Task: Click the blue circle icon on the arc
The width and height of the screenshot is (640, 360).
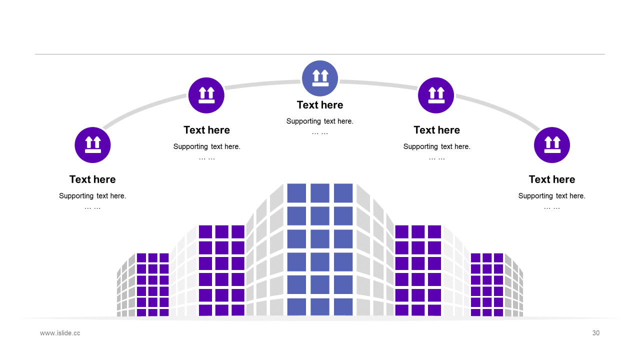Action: (x=320, y=78)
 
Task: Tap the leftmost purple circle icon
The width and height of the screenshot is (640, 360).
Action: (x=92, y=145)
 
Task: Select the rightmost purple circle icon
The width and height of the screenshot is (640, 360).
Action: (x=552, y=145)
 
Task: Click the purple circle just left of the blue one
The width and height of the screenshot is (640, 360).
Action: (x=206, y=95)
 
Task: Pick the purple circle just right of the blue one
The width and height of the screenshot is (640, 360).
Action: (x=436, y=95)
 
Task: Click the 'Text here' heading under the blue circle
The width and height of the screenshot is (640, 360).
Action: (x=320, y=105)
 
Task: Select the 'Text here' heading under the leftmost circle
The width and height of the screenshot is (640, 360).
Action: (x=92, y=179)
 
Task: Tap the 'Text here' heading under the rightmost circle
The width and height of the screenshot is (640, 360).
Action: (x=552, y=179)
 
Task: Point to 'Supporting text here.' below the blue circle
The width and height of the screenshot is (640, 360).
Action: (x=320, y=121)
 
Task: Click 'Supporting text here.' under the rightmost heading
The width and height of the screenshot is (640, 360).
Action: (x=552, y=196)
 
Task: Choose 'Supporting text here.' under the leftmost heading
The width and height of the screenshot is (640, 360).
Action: (x=92, y=196)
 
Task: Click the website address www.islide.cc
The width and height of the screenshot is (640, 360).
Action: (x=60, y=333)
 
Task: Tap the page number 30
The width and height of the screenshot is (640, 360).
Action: (x=595, y=333)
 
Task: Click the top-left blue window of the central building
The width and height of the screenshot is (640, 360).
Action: (x=296, y=193)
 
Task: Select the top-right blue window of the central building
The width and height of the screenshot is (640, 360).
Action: (x=343, y=193)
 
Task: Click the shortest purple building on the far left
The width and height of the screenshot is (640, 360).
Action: (x=152, y=285)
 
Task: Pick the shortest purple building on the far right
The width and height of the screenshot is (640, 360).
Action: (x=487, y=285)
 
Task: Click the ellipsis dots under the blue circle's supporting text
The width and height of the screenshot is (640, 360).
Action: (x=320, y=133)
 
